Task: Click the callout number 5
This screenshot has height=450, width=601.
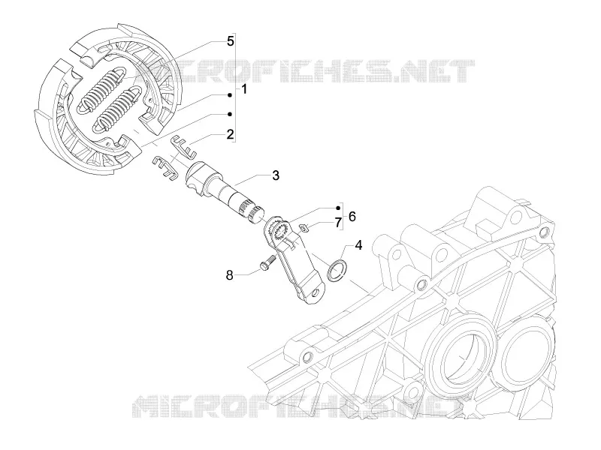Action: pos(230,41)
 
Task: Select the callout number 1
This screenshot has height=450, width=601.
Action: pos(244,90)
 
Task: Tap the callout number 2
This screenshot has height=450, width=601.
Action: pos(230,134)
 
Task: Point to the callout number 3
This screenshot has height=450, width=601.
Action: pos(276,175)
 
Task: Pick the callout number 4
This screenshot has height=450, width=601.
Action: pos(358,245)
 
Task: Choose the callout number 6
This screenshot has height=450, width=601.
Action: pos(352,217)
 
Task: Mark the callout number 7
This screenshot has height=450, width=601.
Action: pos(337,222)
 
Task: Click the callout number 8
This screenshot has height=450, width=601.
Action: pos(229,274)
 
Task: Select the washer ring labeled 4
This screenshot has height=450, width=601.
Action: pos(329,272)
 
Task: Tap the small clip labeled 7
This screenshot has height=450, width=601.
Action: pos(304,228)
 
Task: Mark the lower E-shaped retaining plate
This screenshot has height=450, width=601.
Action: pos(164,167)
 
